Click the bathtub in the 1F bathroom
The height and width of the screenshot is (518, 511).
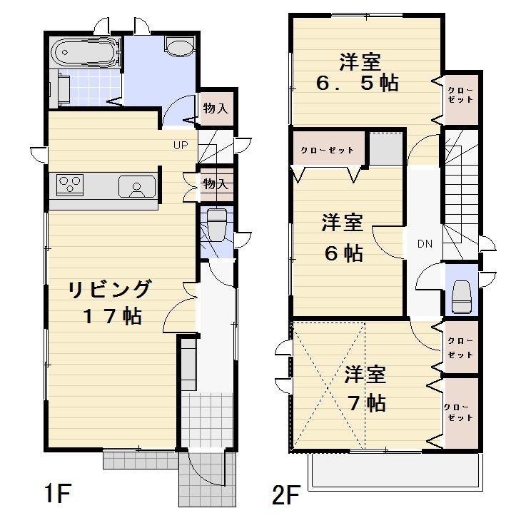point(84,51)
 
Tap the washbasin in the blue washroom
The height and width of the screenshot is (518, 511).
point(179,46)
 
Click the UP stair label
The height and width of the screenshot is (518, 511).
point(180,146)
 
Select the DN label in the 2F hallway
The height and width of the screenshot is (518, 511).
point(425,244)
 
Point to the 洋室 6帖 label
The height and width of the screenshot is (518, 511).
point(342,238)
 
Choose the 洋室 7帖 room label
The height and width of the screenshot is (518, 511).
point(365,388)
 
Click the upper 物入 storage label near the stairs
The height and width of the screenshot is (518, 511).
point(215,108)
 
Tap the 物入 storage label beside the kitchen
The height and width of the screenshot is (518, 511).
point(215,184)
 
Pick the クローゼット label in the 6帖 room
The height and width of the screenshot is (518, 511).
point(327,151)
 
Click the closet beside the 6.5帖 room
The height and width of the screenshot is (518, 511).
point(460,95)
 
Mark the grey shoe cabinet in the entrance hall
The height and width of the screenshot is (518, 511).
point(188,365)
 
